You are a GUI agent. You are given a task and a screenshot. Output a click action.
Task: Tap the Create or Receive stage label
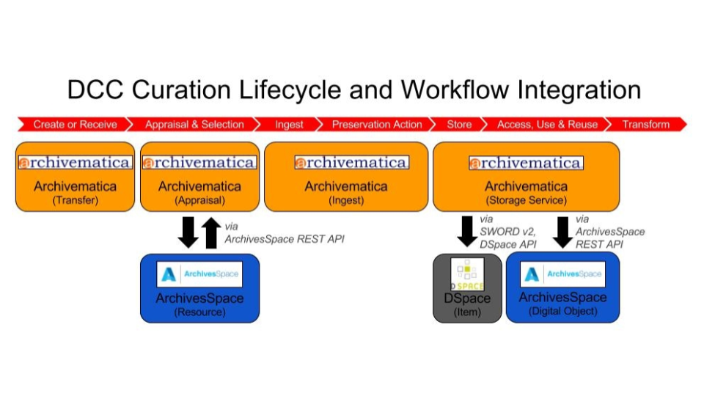75,125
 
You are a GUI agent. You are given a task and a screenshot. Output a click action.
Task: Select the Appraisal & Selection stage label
194,125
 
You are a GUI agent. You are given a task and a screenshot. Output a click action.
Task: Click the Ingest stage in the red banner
289,125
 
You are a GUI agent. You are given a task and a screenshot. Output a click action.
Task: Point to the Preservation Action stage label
377,125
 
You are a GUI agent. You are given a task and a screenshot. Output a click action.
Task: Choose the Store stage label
459,125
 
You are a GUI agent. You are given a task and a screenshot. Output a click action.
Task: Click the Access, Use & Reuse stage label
547,125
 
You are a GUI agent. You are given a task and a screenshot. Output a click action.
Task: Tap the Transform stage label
645,125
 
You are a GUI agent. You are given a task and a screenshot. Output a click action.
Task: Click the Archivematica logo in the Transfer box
75,163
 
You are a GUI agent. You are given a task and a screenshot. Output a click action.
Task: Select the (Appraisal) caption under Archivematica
199,199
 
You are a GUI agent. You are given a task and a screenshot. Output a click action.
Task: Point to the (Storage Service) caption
526,199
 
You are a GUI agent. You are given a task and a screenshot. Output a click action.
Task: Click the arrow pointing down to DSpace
466,231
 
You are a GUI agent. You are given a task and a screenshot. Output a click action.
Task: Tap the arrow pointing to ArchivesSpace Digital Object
563,231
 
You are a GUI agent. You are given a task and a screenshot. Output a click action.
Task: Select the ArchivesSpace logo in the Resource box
199,274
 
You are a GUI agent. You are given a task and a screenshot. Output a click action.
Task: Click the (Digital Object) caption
562,311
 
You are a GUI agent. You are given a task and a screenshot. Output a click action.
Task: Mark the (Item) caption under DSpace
467,312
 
